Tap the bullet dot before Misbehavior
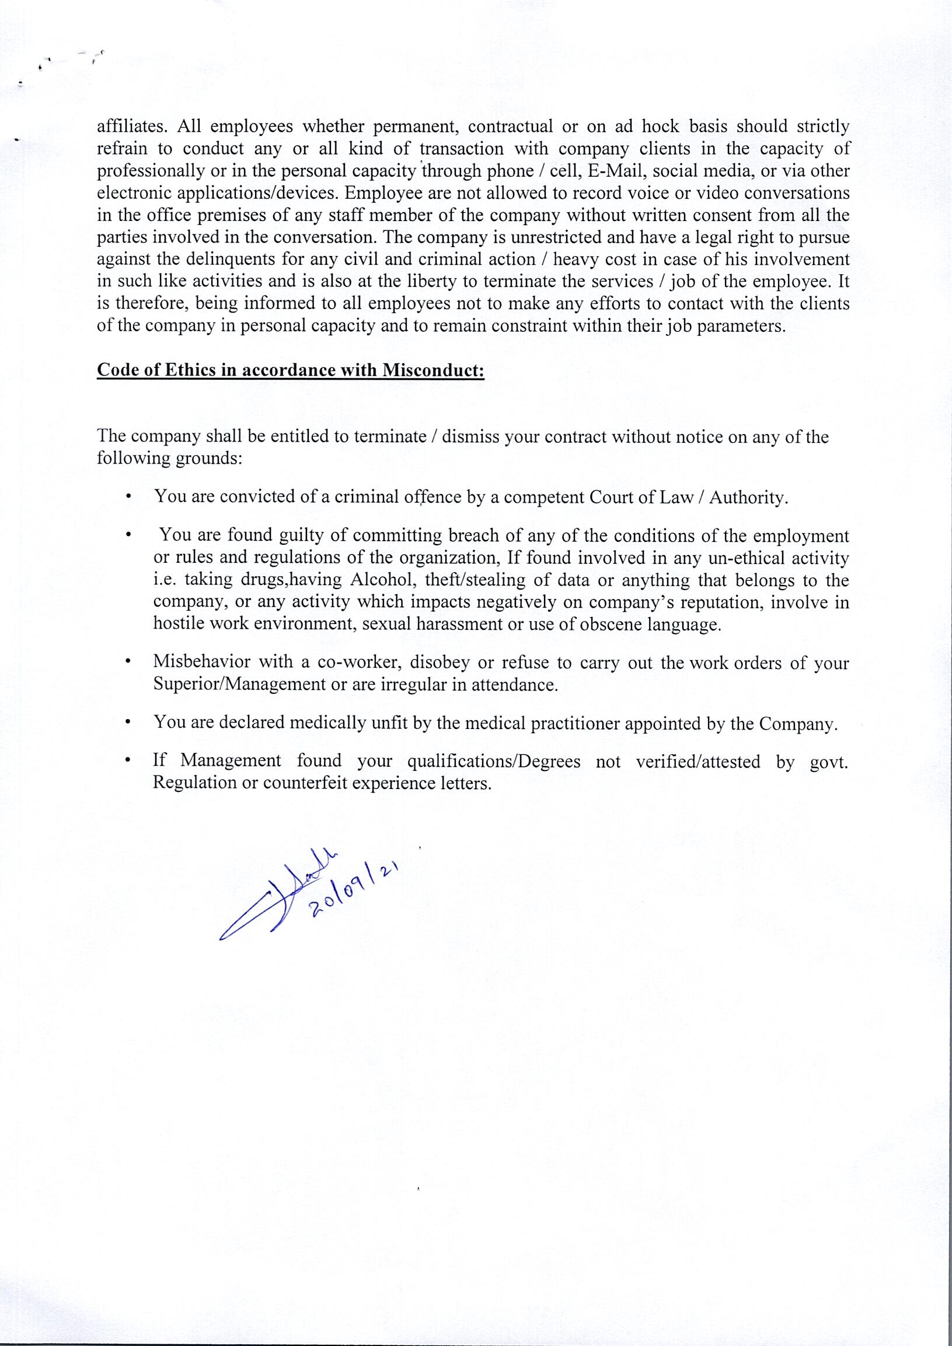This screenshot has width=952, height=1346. (x=128, y=663)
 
